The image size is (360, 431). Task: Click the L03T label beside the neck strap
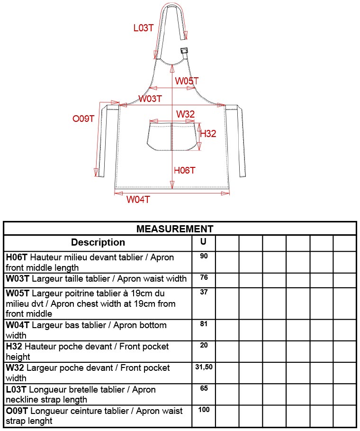143,28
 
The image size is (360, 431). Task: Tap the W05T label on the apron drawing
187,82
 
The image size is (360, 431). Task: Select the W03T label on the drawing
150,99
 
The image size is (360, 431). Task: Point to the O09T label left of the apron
84,119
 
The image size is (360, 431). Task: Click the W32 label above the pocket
186,114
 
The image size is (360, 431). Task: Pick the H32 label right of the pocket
208,134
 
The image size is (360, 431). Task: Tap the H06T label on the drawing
185,170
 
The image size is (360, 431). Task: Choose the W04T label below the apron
138,200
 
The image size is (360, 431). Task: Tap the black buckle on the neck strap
184,51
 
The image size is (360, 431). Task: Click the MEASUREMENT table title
175,229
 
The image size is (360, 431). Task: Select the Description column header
98,242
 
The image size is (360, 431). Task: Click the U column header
203,241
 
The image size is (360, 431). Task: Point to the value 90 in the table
204,256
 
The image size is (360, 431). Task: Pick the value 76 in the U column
204,277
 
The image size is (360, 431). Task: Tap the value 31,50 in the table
204,367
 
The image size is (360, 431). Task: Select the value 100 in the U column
204,409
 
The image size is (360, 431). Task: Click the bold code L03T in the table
17,390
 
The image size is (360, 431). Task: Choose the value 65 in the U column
204,388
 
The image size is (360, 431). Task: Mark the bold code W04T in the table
18,325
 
